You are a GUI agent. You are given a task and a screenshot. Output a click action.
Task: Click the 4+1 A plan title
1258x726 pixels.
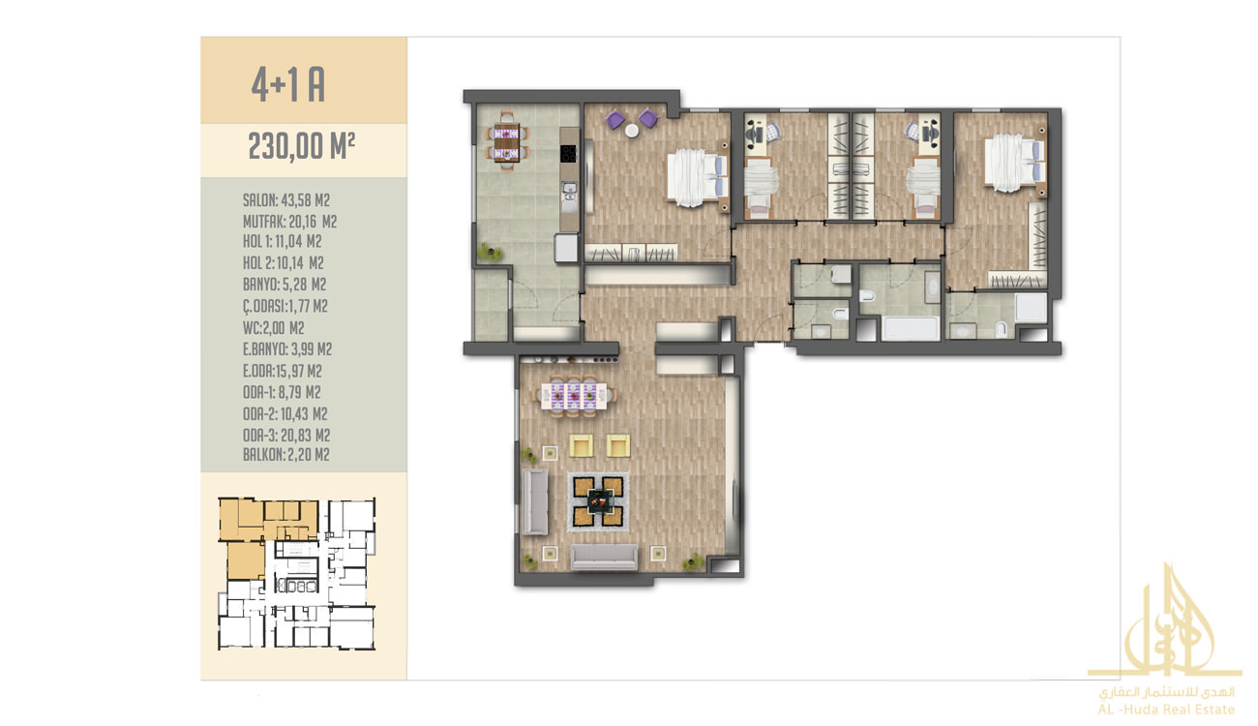pyautogui.click(x=288, y=85)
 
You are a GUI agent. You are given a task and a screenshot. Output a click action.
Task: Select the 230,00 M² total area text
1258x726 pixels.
pyautogui.click(x=302, y=146)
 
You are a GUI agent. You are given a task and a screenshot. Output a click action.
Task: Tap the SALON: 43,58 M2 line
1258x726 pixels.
pyautogui.click(x=286, y=200)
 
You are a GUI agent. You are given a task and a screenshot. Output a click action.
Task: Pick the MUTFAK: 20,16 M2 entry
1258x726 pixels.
pyautogui.click(x=289, y=222)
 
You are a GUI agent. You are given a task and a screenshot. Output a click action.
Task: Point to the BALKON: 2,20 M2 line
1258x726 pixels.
pyautogui.click(x=286, y=455)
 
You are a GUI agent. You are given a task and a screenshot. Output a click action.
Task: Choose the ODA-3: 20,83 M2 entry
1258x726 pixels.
pyautogui.click(x=286, y=436)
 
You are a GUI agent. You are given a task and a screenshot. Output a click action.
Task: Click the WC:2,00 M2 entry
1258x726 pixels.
pyautogui.click(x=274, y=328)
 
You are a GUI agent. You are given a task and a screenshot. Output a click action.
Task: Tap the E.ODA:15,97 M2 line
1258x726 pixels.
pyautogui.click(x=283, y=371)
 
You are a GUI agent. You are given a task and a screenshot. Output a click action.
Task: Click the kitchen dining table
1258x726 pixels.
pyautogui.click(x=507, y=141)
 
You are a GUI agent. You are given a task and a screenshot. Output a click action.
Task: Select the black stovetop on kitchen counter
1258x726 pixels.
pyautogui.click(x=569, y=153)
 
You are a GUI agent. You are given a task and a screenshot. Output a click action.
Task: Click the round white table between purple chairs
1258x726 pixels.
pyautogui.click(x=632, y=131)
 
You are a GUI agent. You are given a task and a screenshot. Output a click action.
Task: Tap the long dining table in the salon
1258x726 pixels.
pyautogui.click(x=574, y=396)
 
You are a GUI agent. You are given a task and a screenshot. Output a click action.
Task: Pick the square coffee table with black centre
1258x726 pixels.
pyautogui.click(x=598, y=501)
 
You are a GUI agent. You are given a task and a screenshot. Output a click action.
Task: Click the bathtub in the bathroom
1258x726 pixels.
pyautogui.click(x=911, y=328)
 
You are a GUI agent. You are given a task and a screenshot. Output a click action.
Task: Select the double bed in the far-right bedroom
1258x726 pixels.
pyautogui.click(x=1014, y=162)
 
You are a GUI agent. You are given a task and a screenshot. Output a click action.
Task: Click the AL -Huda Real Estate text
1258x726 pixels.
pyautogui.click(x=1166, y=710)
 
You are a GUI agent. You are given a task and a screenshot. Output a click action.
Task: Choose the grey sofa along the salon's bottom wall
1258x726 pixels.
pyautogui.click(x=604, y=557)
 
